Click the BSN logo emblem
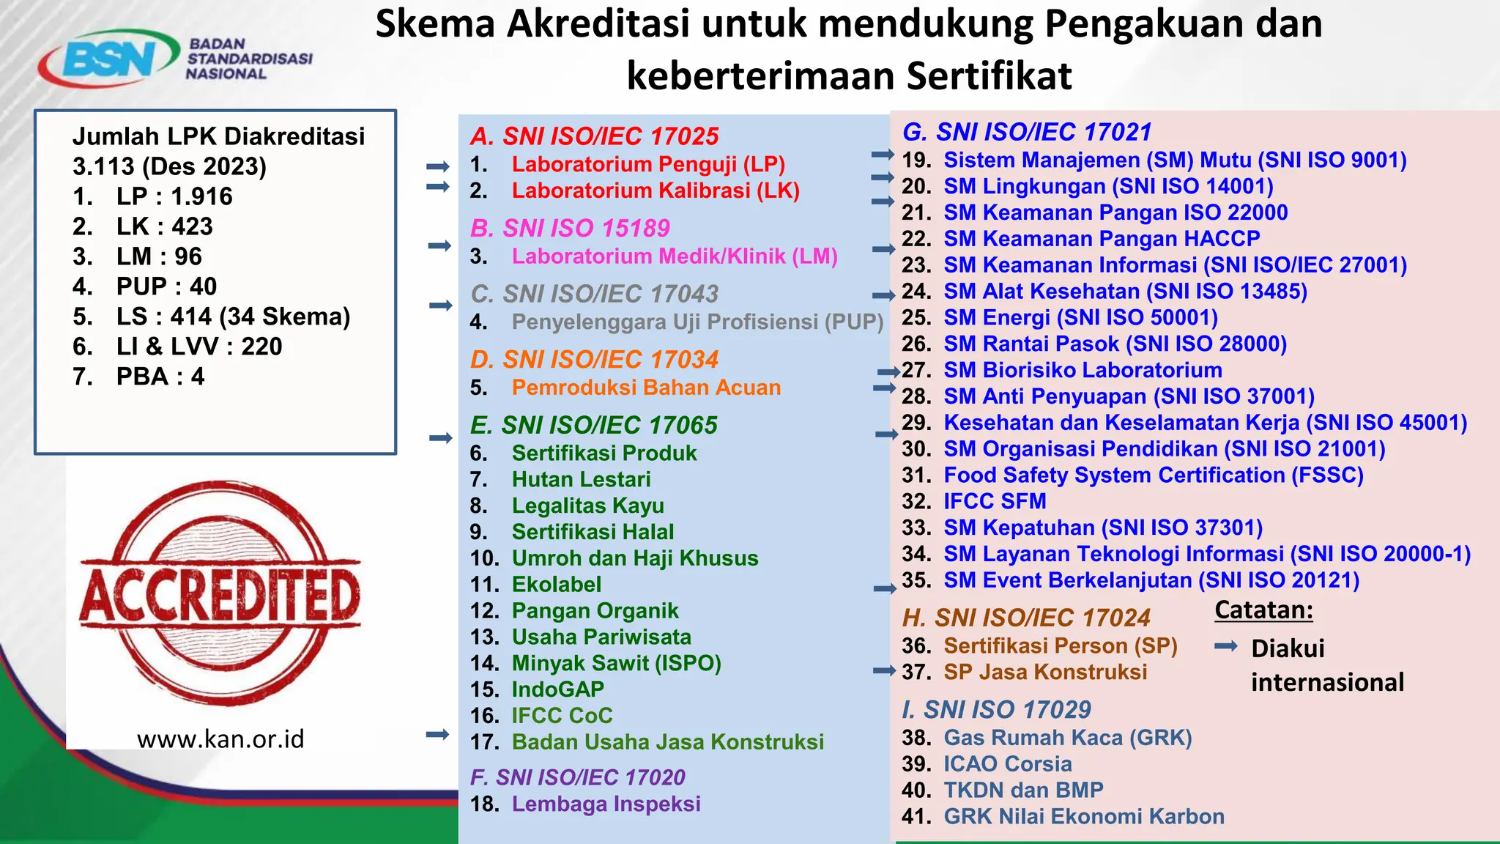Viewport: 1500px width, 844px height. (108, 59)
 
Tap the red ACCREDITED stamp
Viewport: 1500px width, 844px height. (220, 593)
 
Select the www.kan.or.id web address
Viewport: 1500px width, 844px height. (220, 738)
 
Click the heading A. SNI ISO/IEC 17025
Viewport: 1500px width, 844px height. (594, 136)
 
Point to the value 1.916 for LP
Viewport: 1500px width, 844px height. (201, 196)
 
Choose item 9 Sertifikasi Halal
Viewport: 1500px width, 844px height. (593, 532)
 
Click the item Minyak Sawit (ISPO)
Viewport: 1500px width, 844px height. (616, 663)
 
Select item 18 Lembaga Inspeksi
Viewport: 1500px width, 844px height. (606, 804)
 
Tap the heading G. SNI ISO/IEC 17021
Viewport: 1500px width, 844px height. (1027, 132)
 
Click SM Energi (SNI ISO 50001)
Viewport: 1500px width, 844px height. (1080, 318)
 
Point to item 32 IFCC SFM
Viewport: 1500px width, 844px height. (995, 501)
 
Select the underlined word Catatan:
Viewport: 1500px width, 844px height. (1263, 610)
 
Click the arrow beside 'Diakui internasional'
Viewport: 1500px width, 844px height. (1225, 646)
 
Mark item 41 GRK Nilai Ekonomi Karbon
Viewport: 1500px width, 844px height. (1083, 816)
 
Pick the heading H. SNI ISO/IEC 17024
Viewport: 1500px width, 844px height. (1026, 618)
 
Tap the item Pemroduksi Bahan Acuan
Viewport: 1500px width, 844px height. (646, 388)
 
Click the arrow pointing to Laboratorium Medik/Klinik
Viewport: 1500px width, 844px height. (439, 245)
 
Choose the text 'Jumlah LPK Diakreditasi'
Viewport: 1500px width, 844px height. (218, 136)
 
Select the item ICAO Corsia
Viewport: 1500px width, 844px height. (1007, 763)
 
